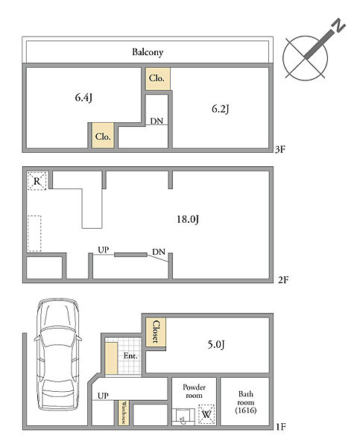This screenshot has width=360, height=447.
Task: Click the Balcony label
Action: click(x=148, y=52)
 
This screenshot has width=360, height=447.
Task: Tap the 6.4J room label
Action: click(x=83, y=98)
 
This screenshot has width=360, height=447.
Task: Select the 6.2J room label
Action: click(x=220, y=109)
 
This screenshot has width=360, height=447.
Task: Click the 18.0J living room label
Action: click(x=188, y=219)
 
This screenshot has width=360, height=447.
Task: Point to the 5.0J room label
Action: click(x=216, y=344)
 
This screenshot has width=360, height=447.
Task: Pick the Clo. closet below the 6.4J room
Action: click(x=103, y=136)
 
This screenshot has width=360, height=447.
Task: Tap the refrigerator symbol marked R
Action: click(x=37, y=181)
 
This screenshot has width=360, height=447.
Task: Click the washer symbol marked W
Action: click(x=206, y=414)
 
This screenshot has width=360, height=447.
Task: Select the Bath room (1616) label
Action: click(x=246, y=402)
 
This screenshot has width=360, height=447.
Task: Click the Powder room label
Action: click(x=194, y=391)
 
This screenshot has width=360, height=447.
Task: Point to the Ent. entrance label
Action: click(x=130, y=355)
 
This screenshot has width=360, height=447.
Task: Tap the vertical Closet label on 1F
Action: click(x=156, y=332)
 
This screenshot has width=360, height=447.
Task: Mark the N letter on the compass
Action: click(x=339, y=25)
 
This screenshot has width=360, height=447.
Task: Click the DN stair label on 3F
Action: click(x=157, y=121)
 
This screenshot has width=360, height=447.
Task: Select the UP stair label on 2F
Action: click(x=104, y=250)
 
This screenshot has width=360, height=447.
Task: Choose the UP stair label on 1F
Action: click(x=103, y=396)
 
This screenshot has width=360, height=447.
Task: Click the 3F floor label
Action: click(x=280, y=150)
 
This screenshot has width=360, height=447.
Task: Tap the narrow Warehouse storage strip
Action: click(x=124, y=413)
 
